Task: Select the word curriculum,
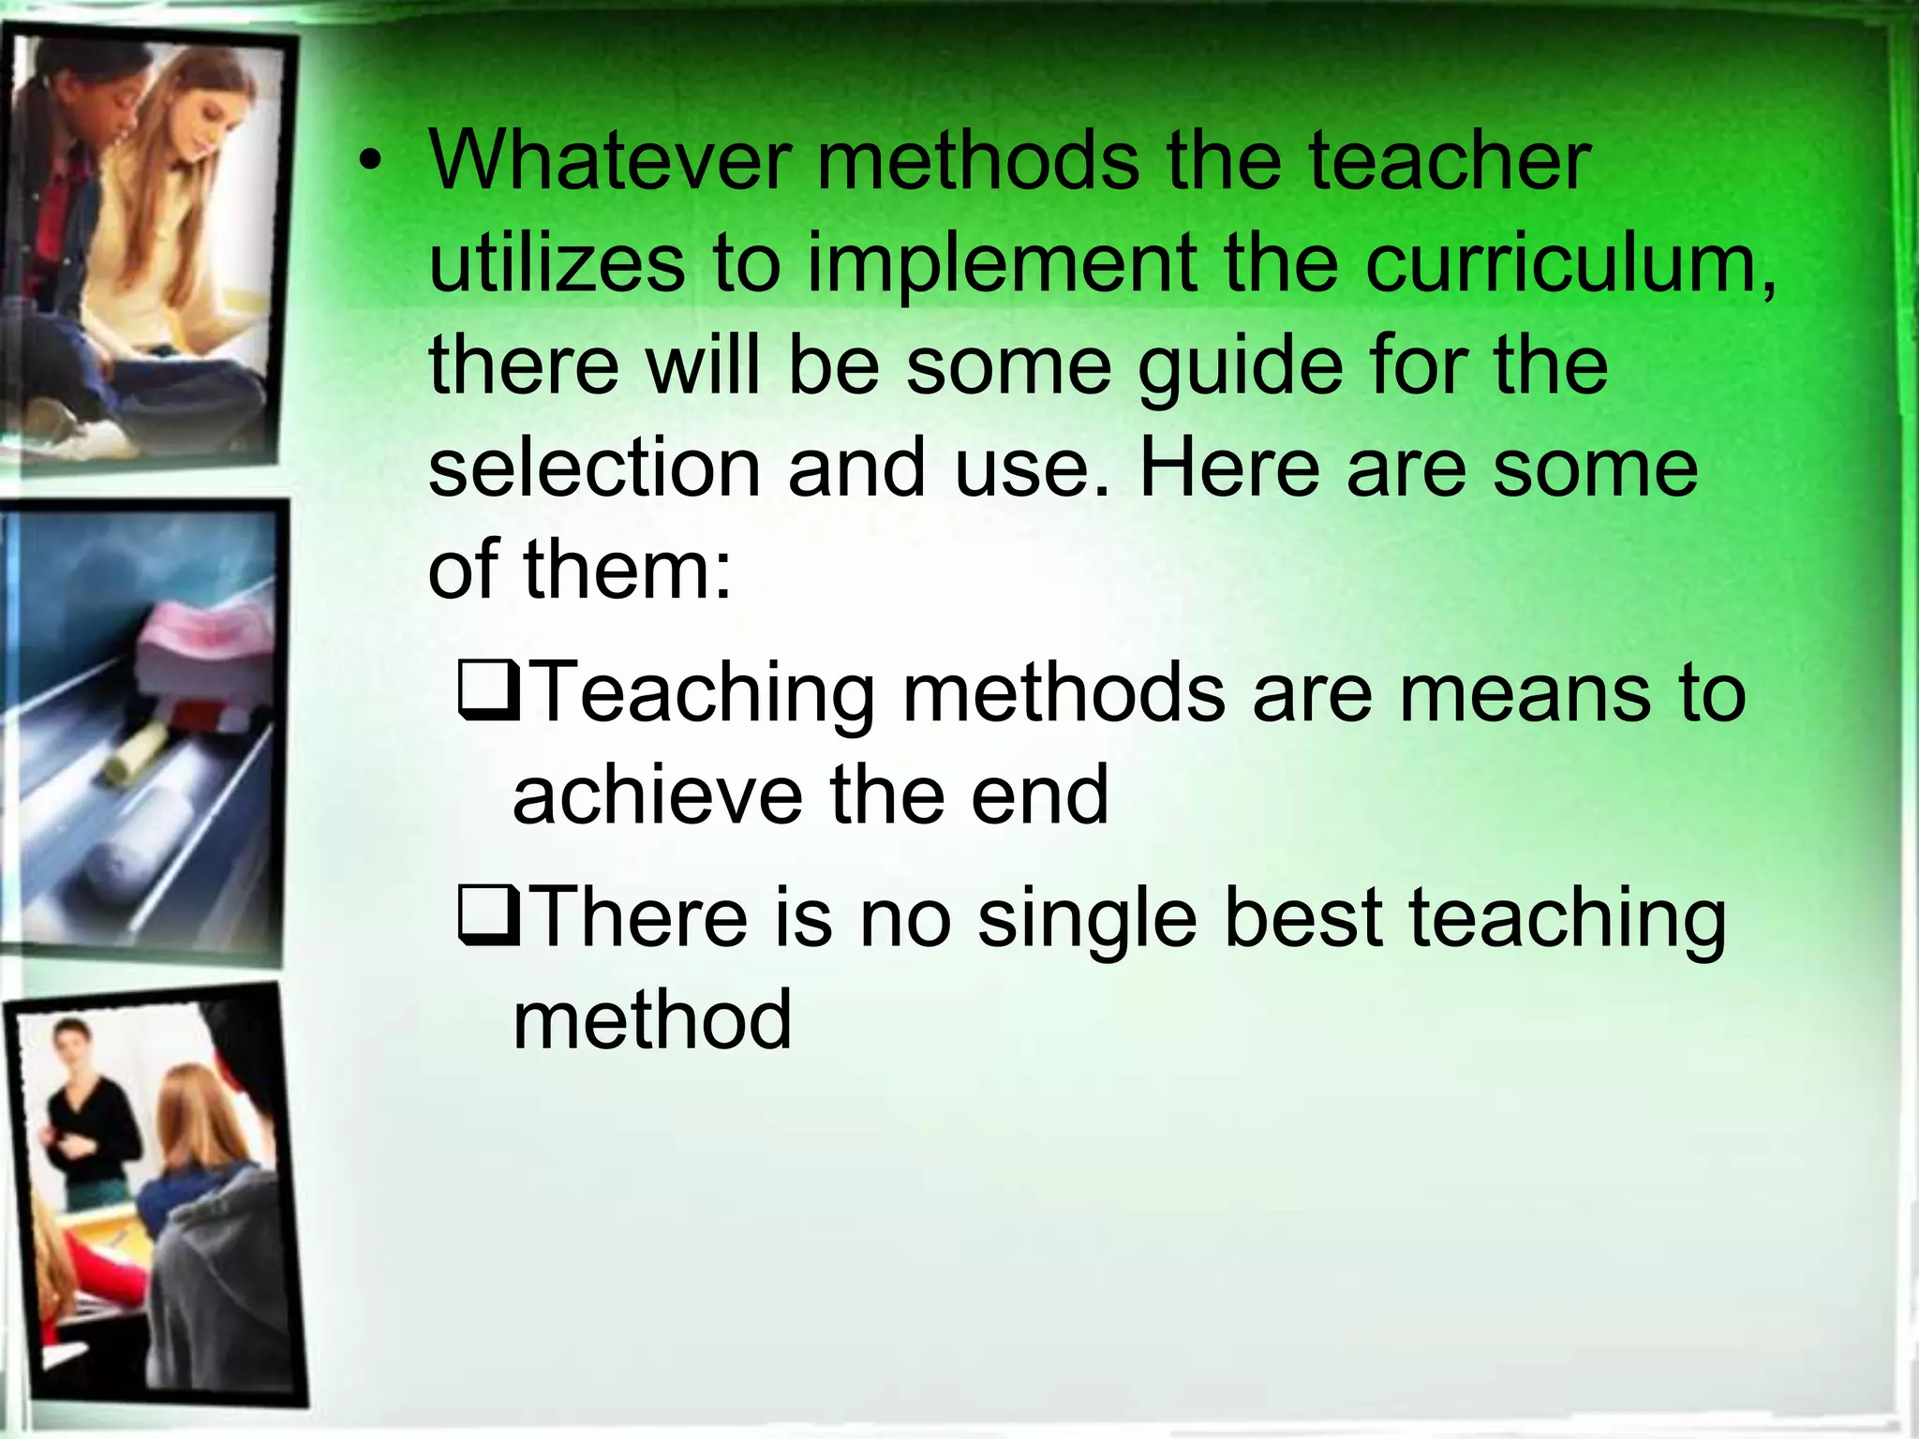point(1569,264)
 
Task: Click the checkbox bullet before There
point(487,918)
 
